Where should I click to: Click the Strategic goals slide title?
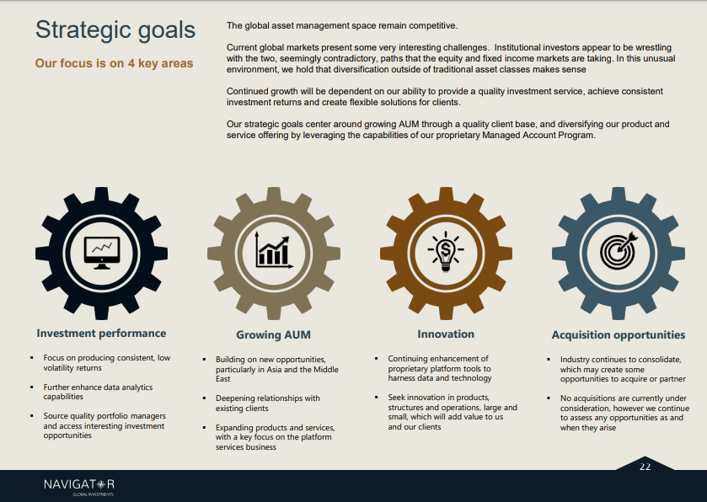[x=115, y=30]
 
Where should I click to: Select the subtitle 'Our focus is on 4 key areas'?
[x=114, y=63]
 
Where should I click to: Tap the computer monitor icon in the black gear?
[x=102, y=253]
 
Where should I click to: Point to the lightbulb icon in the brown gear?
[x=446, y=252]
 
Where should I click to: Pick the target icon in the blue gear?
[x=618, y=250]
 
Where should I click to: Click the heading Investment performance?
[x=101, y=334]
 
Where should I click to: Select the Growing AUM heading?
[x=273, y=335]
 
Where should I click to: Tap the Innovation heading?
[x=446, y=334]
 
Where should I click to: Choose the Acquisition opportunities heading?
[x=619, y=335]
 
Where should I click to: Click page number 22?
[x=645, y=467]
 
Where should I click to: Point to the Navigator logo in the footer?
[x=79, y=486]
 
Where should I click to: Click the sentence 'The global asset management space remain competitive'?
[x=342, y=25]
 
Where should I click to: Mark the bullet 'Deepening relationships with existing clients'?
[x=268, y=403]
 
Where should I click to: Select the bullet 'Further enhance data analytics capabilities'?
[x=98, y=392]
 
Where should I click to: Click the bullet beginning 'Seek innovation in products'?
[x=453, y=413]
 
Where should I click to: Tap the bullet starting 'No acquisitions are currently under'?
[x=624, y=413]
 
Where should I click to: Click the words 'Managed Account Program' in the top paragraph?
[x=538, y=136]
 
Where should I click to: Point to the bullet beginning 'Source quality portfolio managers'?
[x=104, y=425]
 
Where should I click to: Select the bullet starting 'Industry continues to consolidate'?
[x=623, y=369]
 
